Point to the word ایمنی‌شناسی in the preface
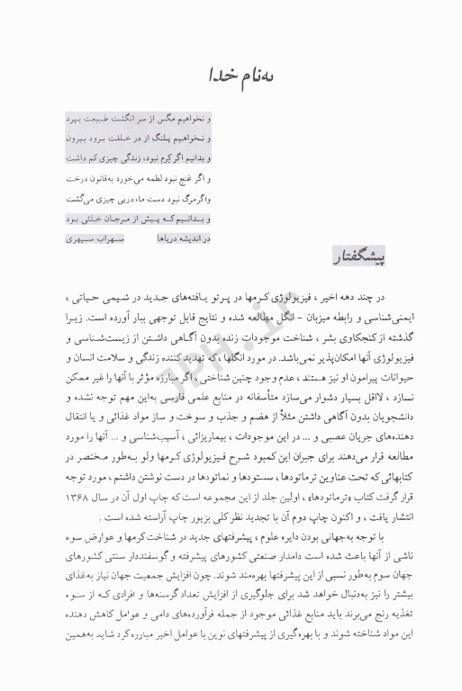(x=374, y=319)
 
